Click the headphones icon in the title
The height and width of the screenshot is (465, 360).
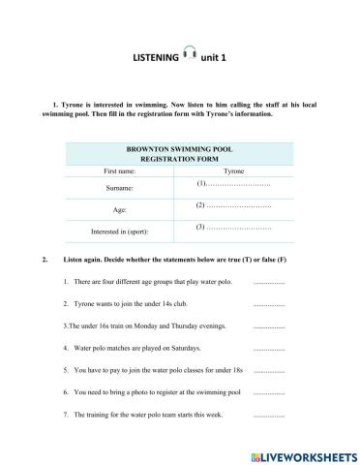[x=190, y=56]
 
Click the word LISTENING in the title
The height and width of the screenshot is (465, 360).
[x=156, y=58]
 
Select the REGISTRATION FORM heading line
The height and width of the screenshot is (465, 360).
[x=179, y=159]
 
